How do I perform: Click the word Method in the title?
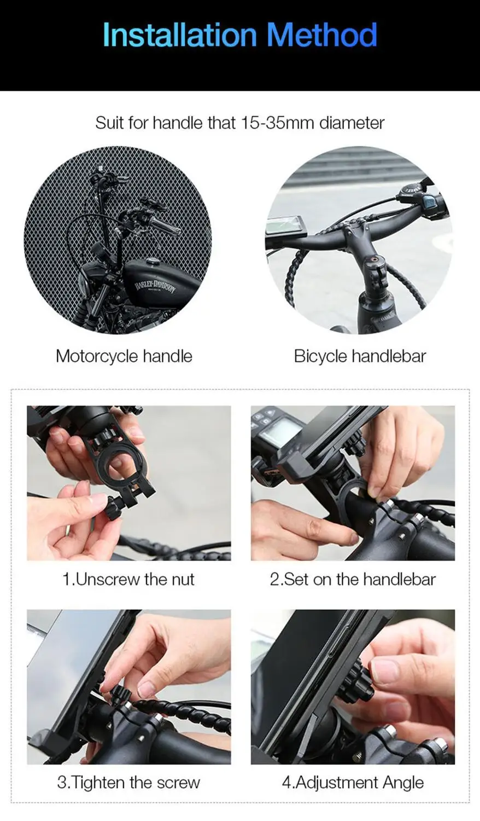[x=322, y=35]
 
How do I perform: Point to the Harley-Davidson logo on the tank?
[x=155, y=286]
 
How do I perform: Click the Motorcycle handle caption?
[x=124, y=356]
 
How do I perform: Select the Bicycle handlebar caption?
[x=360, y=356]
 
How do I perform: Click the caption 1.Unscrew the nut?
[x=128, y=579]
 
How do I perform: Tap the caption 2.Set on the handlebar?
[x=353, y=579]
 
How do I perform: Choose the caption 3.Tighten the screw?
[x=128, y=782]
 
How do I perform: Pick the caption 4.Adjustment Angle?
[x=353, y=782]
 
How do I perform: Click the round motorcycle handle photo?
[x=118, y=240]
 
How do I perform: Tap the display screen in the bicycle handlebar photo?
[x=285, y=226]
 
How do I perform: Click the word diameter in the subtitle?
[x=352, y=123]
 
